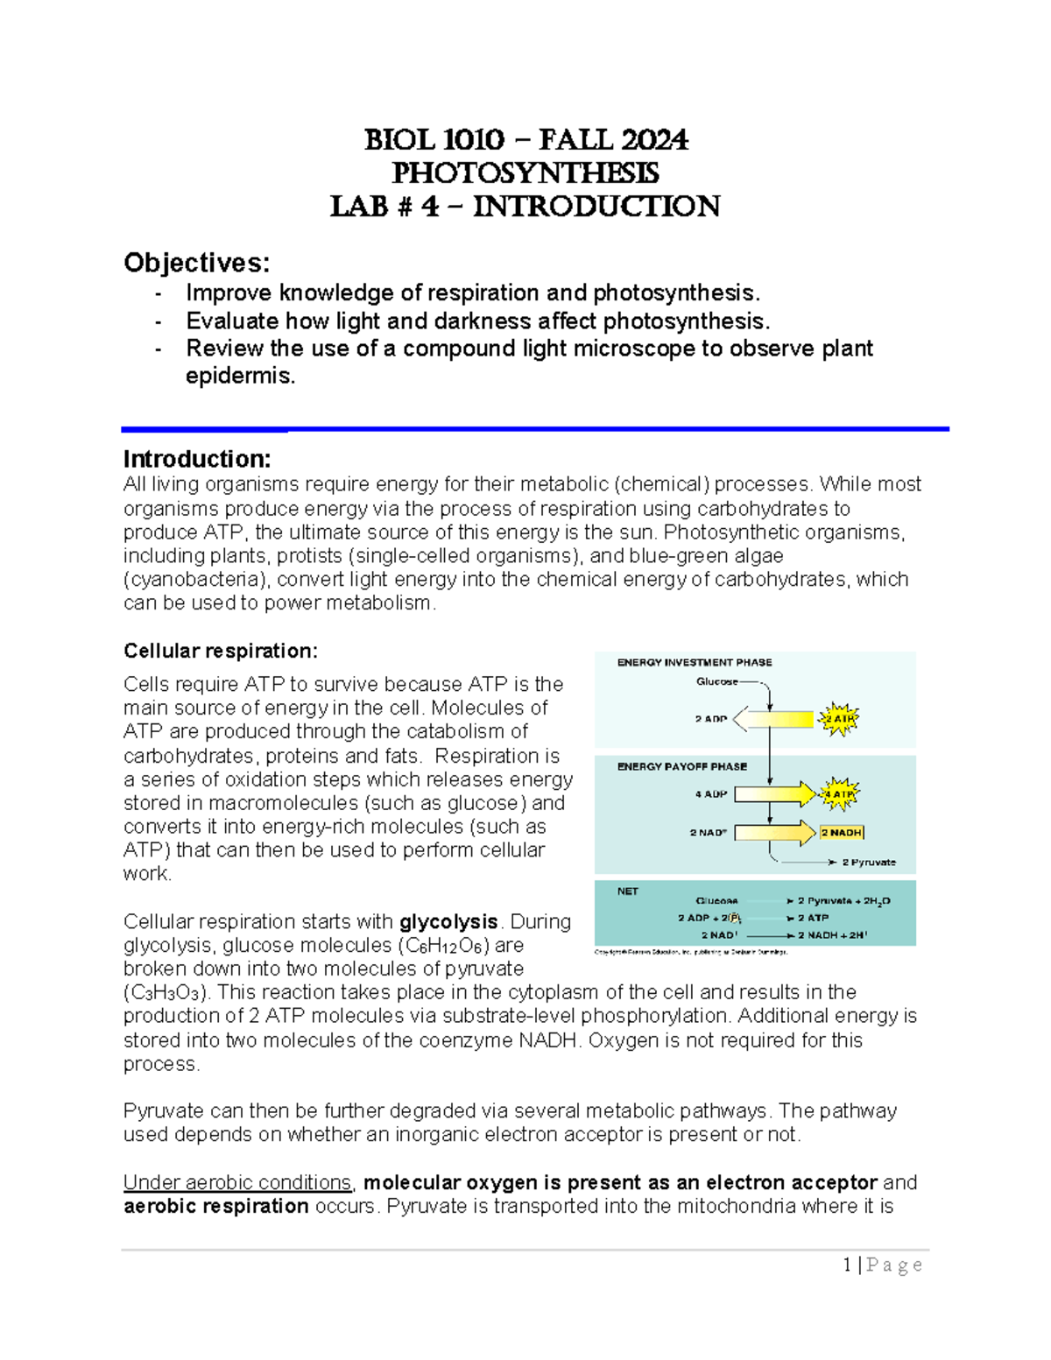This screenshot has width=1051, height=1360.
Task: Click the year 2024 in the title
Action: coord(654,140)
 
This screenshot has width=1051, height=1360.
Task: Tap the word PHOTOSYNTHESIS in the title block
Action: coord(525,173)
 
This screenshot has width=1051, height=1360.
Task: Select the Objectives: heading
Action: coord(196,263)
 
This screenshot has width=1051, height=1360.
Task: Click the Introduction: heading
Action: coord(197,459)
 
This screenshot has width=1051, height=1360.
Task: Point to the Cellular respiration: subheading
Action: coord(221,651)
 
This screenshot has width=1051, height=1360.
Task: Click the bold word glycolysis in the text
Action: coord(448,921)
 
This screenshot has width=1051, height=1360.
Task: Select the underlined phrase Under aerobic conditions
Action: coord(237,1182)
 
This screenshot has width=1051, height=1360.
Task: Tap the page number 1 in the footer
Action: coord(847,1265)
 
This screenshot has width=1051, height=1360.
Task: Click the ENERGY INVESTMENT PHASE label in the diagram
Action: coord(695,663)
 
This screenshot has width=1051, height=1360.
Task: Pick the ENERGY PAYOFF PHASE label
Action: coord(682,766)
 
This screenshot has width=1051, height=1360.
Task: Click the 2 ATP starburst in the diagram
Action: coord(839,719)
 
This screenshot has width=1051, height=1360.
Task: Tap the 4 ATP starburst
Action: coord(839,794)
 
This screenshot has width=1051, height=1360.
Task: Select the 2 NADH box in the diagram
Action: coord(842,833)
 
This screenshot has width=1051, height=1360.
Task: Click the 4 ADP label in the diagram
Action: coord(711,794)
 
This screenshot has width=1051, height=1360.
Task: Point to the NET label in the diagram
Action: coord(628,891)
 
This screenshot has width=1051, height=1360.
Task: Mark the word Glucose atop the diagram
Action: coord(716,681)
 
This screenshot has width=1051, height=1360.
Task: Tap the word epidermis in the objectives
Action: coord(240,376)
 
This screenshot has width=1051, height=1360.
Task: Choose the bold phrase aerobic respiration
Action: coord(215,1206)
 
